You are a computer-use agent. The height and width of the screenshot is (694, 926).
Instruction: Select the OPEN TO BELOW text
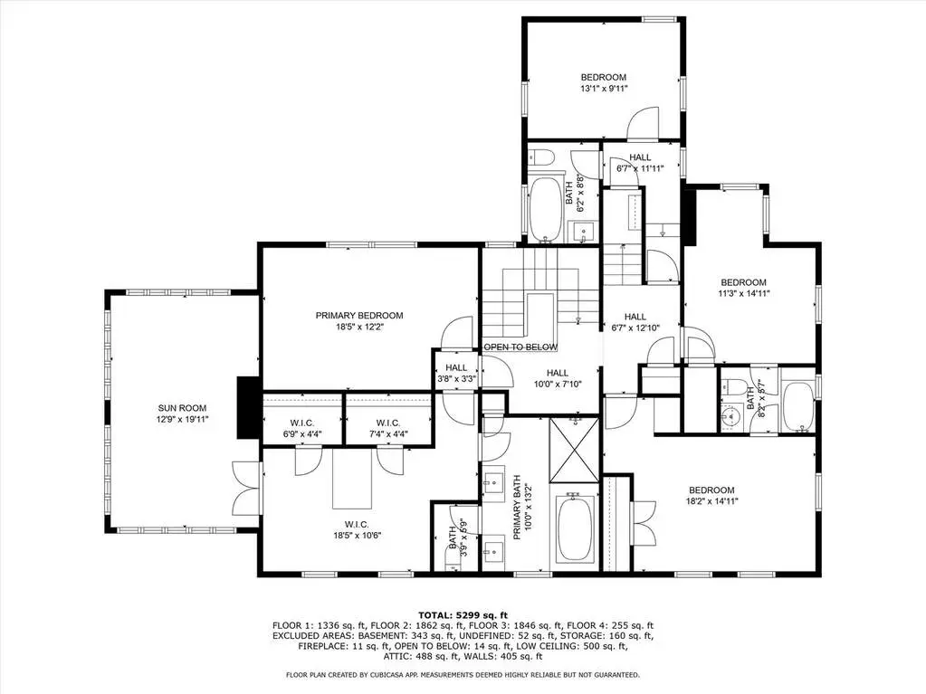pyautogui.click(x=520, y=347)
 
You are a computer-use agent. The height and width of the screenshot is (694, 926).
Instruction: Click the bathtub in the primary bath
pyautogui.click(x=577, y=528)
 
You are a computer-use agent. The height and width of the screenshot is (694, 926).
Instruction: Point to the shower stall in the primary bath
pyautogui.click(x=574, y=450)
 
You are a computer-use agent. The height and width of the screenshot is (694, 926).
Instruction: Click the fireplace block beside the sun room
pyautogui.click(x=248, y=407)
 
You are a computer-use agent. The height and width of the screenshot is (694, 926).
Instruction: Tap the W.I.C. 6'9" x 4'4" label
pyautogui.click(x=301, y=429)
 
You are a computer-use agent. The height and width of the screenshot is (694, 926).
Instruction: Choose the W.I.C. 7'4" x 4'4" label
pyautogui.click(x=388, y=429)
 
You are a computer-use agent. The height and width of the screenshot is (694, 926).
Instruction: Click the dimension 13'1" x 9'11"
pyautogui.click(x=604, y=89)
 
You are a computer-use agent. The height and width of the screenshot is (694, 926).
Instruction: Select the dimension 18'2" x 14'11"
pyautogui.click(x=711, y=501)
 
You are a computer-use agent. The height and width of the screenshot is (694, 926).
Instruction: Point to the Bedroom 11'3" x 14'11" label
pyautogui.click(x=743, y=288)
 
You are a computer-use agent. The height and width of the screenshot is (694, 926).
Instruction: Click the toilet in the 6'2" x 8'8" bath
pyautogui.click(x=540, y=157)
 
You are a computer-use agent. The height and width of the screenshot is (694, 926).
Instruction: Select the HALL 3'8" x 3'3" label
pyautogui.click(x=456, y=373)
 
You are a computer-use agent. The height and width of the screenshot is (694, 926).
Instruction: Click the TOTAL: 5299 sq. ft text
pyautogui.click(x=463, y=615)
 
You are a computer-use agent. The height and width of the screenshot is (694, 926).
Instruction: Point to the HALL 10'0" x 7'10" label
pyautogui.click(x=557, y=378)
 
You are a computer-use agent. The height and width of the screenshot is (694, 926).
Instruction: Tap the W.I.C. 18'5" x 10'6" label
pyautogui.click(x=357, y=530)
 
